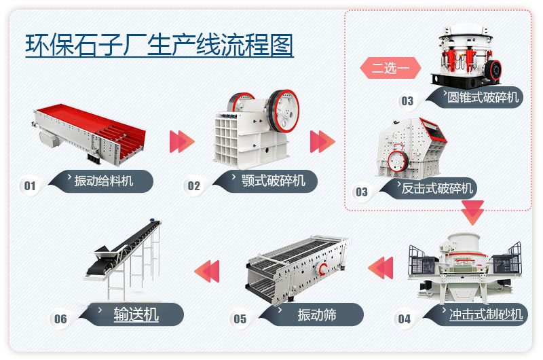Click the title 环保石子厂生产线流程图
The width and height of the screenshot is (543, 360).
coord(159,45)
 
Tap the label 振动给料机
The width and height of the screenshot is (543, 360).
coord(106,181)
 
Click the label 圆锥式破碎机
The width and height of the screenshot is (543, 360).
coord(483,97)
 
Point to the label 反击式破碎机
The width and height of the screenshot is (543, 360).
coord(437,188)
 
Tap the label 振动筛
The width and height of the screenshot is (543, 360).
coord(317,314)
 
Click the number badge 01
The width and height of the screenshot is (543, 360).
coord(30,185)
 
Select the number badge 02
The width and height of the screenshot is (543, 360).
coord(194,185)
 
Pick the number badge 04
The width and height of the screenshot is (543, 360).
coord(404,319)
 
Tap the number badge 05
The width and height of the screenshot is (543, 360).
coord(240,319)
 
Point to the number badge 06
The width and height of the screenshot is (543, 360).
coord(60,319)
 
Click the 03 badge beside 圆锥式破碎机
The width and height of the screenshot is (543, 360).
coord(407,101)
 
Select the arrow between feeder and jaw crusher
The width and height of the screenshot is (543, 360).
coord(181,141)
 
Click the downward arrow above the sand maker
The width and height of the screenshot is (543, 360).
coord(472,213)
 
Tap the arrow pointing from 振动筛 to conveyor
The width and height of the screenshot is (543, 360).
coord(208,270)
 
